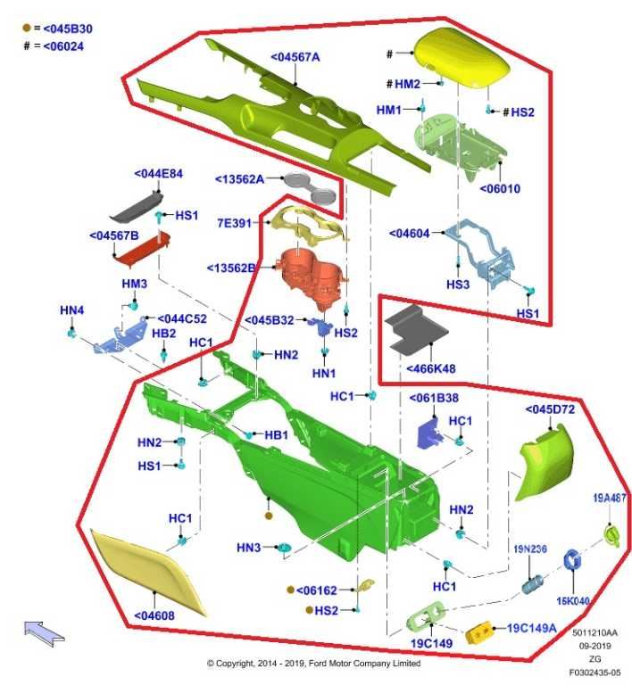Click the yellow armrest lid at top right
[462, 57]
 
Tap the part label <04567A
[295, 57]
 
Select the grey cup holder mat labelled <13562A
[311, 188]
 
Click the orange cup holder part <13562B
[312, 278]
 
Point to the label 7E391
[235, 223]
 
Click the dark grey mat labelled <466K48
[415, 330]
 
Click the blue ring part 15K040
[571, 560]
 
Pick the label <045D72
[550, 409]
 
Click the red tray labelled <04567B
[142, 249]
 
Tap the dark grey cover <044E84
[137, 208]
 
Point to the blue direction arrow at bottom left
[44, 633]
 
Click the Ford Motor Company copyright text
[313, 664]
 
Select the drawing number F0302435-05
[595, 673]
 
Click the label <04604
[410, 234]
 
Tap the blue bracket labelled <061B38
[429, 433]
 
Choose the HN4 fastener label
[71, 310]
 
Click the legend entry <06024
[63, 46]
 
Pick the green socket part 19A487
[611, 535]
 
